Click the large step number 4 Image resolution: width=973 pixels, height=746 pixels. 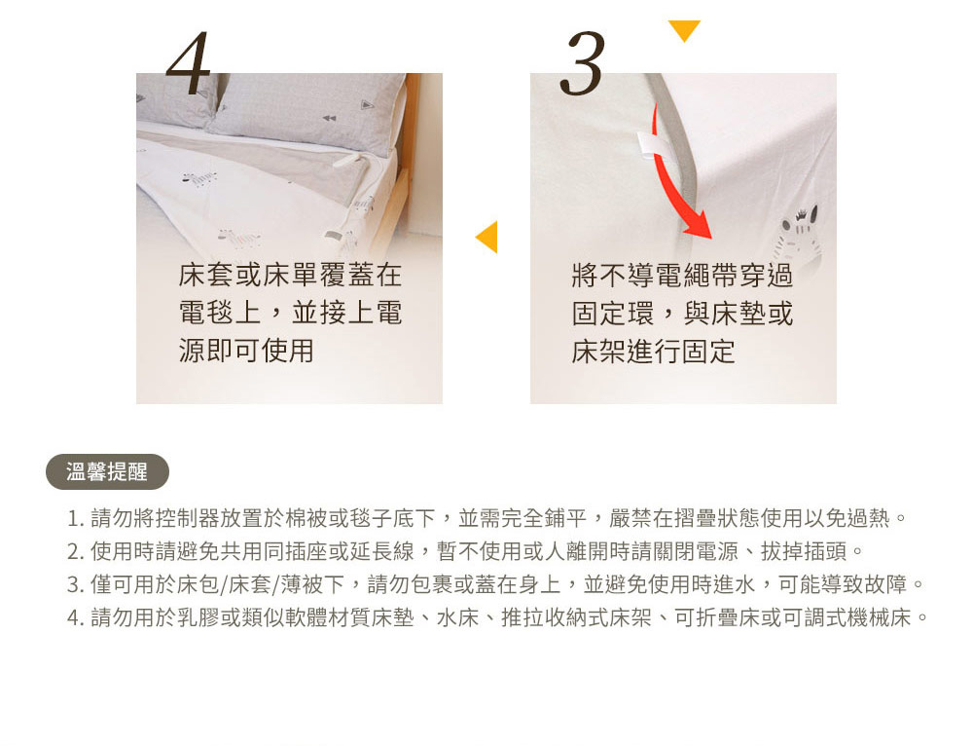click(189, 63)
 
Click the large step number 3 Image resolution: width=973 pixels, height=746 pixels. click(582, 64)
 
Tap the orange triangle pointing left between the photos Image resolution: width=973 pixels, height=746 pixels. click(487, 237)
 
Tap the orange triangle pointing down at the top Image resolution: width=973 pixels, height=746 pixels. click(684, 30)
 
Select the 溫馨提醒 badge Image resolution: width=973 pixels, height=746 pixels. click(107, 472)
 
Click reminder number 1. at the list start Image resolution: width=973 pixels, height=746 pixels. click(75, 518)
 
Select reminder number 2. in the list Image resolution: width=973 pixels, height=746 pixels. click(75, 551)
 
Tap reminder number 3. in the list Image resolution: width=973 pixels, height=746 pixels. click(75, 584)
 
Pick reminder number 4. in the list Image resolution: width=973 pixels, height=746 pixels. click(75, 617)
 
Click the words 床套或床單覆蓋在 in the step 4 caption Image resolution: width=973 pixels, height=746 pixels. click(290, 275)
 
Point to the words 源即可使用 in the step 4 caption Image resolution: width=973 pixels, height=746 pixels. click(246, 351)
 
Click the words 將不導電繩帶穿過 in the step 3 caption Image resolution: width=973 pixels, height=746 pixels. click(683, 276)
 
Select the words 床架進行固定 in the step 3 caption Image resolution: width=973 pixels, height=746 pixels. click(654, 352)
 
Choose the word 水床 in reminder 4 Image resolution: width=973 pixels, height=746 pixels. click(458, 617)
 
